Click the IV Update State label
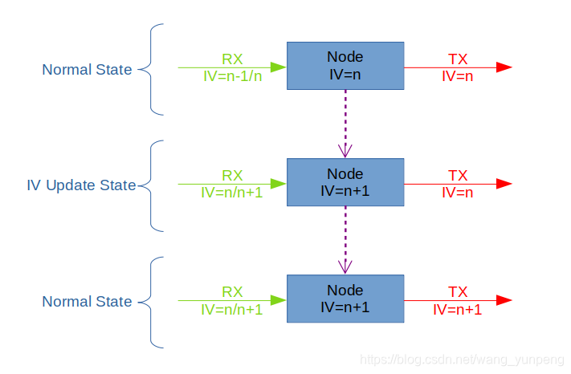tap(81, 185)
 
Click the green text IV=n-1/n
tap(232, 76)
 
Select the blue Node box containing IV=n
tap(345, 66)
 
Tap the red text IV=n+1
tap(457, 309)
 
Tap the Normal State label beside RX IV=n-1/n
tap(87, 70)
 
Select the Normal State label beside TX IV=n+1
tap(87, 302)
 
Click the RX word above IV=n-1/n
tap(232, 59)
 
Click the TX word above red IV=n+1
tap(458, 291)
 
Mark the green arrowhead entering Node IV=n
tap(279, 67)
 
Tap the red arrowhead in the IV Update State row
tap(504, 184)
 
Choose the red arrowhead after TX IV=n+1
tap(504, 300)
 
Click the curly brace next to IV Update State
tap(152, 185)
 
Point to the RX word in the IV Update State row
tap(232, 175)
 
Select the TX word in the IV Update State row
tap(458, 175)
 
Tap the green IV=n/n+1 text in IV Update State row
tap(232, 193)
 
